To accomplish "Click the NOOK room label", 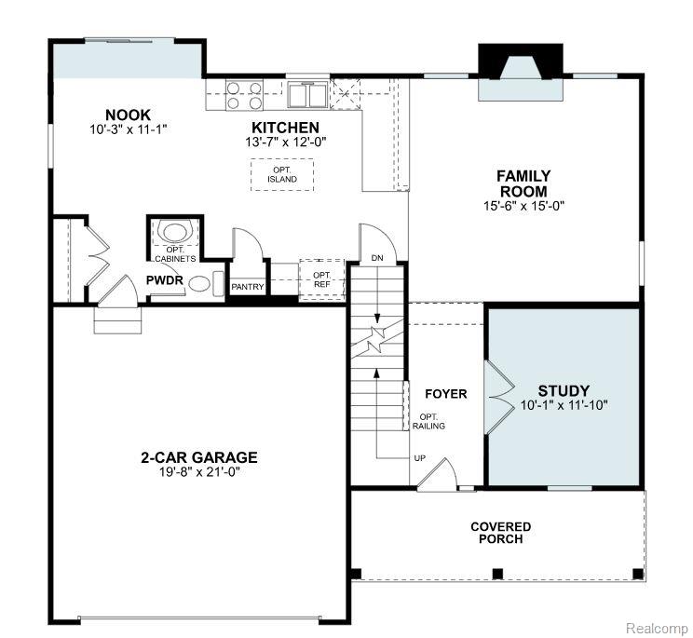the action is point(128,115).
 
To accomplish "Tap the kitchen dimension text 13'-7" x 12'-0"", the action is point(286,143).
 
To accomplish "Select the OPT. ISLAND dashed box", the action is point(282,175).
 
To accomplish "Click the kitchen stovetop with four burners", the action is point(244,95).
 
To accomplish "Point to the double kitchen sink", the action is point(308,94).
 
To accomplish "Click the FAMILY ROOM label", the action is point(523,183).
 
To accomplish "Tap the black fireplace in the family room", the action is point(521,61).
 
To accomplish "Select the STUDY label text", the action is point(564,390).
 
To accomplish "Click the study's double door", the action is point(498,397).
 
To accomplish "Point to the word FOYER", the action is point(445,394).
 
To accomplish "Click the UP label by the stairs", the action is point(420,458).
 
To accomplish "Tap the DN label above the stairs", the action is point(377,258).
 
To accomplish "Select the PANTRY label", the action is point(248,287).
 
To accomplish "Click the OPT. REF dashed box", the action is point(321,280).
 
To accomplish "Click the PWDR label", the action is point(165,280).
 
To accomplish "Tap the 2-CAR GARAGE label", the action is point(199,457).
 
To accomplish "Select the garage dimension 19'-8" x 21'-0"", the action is point(199,472).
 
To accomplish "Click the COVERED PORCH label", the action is point(501,533).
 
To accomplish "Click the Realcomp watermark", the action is point(657,628).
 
